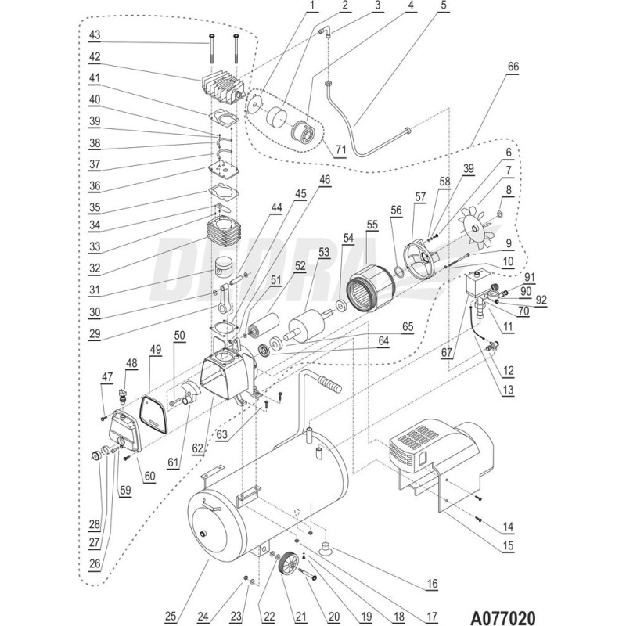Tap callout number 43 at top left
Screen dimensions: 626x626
coord(95,36)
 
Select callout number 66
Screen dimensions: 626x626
coord(513,68)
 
